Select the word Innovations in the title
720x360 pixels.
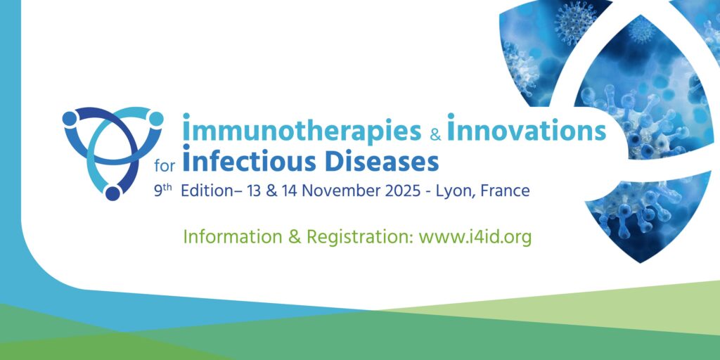526,127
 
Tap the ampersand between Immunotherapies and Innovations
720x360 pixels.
435,134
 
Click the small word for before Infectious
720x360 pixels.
165,166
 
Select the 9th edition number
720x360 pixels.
162,190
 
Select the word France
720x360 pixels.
505,191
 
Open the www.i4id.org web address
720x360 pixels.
475,238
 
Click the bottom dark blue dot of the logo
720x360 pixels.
112,193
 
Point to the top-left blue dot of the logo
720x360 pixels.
70,118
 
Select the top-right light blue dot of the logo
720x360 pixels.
156,118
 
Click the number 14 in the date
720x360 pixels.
290,191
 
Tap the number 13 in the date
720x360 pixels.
254,191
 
